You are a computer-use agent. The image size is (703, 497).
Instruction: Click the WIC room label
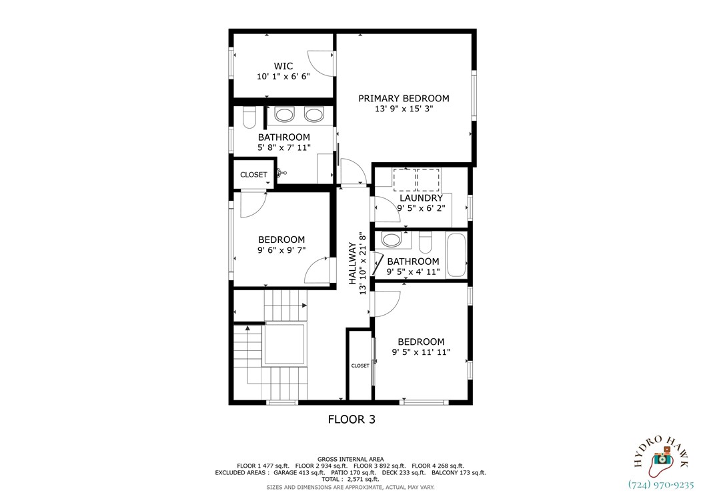283,66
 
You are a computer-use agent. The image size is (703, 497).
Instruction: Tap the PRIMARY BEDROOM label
404,98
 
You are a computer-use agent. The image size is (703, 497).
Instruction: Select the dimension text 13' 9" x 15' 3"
404,109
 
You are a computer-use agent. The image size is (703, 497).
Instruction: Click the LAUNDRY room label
421,198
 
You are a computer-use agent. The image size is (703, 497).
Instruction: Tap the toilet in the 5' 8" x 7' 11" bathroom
249,118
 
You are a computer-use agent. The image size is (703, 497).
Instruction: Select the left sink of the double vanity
284,115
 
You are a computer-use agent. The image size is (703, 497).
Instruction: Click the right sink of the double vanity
313,115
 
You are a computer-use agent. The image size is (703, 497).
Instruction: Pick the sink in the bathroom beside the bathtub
392,240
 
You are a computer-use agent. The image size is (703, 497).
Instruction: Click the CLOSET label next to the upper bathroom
253,175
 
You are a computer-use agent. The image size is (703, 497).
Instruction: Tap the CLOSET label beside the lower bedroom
360,366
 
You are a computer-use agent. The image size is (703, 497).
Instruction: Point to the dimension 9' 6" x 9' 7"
281,251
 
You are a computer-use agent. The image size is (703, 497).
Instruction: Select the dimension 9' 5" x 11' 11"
421,352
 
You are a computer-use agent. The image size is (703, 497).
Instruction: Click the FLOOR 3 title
351,420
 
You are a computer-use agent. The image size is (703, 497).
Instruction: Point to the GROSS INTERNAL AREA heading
351,459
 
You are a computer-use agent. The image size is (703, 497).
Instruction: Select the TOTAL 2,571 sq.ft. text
351,479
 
